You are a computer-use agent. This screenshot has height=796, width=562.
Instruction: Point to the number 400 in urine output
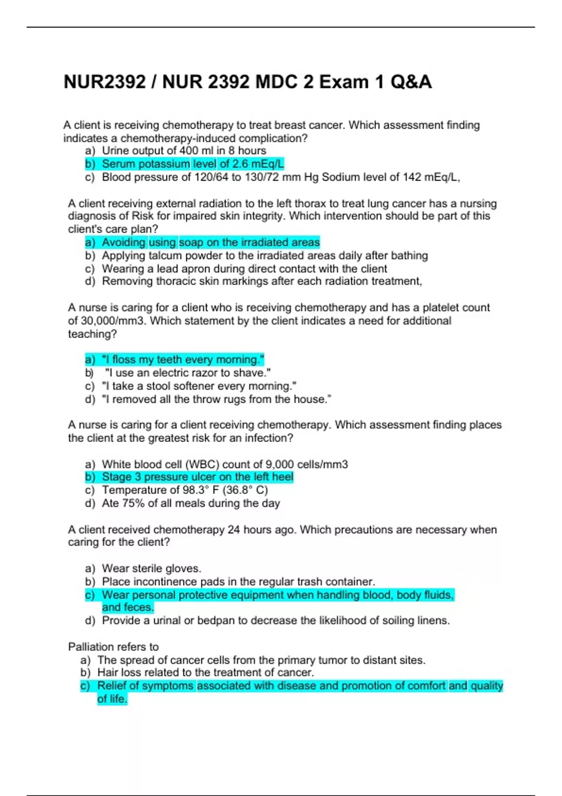[189, 151]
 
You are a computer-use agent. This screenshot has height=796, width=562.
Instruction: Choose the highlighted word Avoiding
[124, 243]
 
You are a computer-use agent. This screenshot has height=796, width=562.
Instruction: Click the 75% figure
[133, 503]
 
